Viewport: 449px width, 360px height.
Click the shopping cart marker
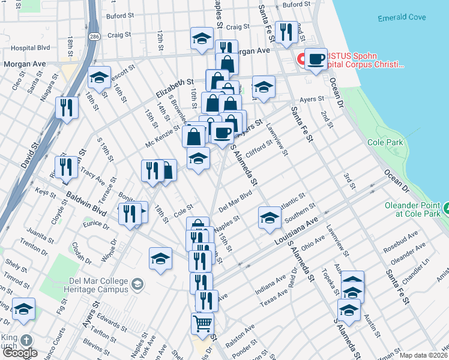coord(203,324)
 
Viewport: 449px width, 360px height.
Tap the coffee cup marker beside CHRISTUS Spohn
coord(316,59)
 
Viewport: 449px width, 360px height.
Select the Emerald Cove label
coord(402,18)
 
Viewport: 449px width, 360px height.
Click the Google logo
coord(20,353)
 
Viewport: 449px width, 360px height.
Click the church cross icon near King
coord(26,340)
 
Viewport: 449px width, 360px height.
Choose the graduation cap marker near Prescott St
coord(99,77)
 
